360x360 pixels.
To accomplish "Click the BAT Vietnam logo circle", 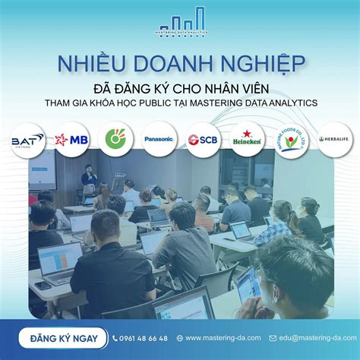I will pos(27,140).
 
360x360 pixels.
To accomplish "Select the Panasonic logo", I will pos(159,140).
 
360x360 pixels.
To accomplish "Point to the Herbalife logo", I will pos(335,140).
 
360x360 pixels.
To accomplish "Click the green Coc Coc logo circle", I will pos(115,140).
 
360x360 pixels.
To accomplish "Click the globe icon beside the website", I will pos(179,338).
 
